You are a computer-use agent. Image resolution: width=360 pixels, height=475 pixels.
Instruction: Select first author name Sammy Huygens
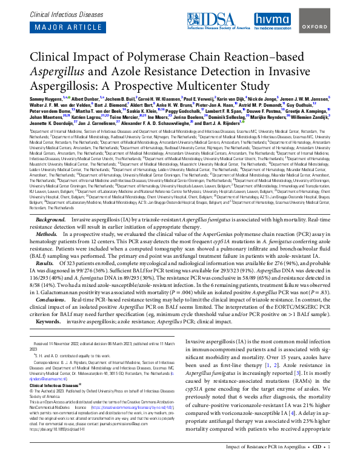[47, 97]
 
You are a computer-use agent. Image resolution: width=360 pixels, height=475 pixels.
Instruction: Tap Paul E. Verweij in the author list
[199, 97]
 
